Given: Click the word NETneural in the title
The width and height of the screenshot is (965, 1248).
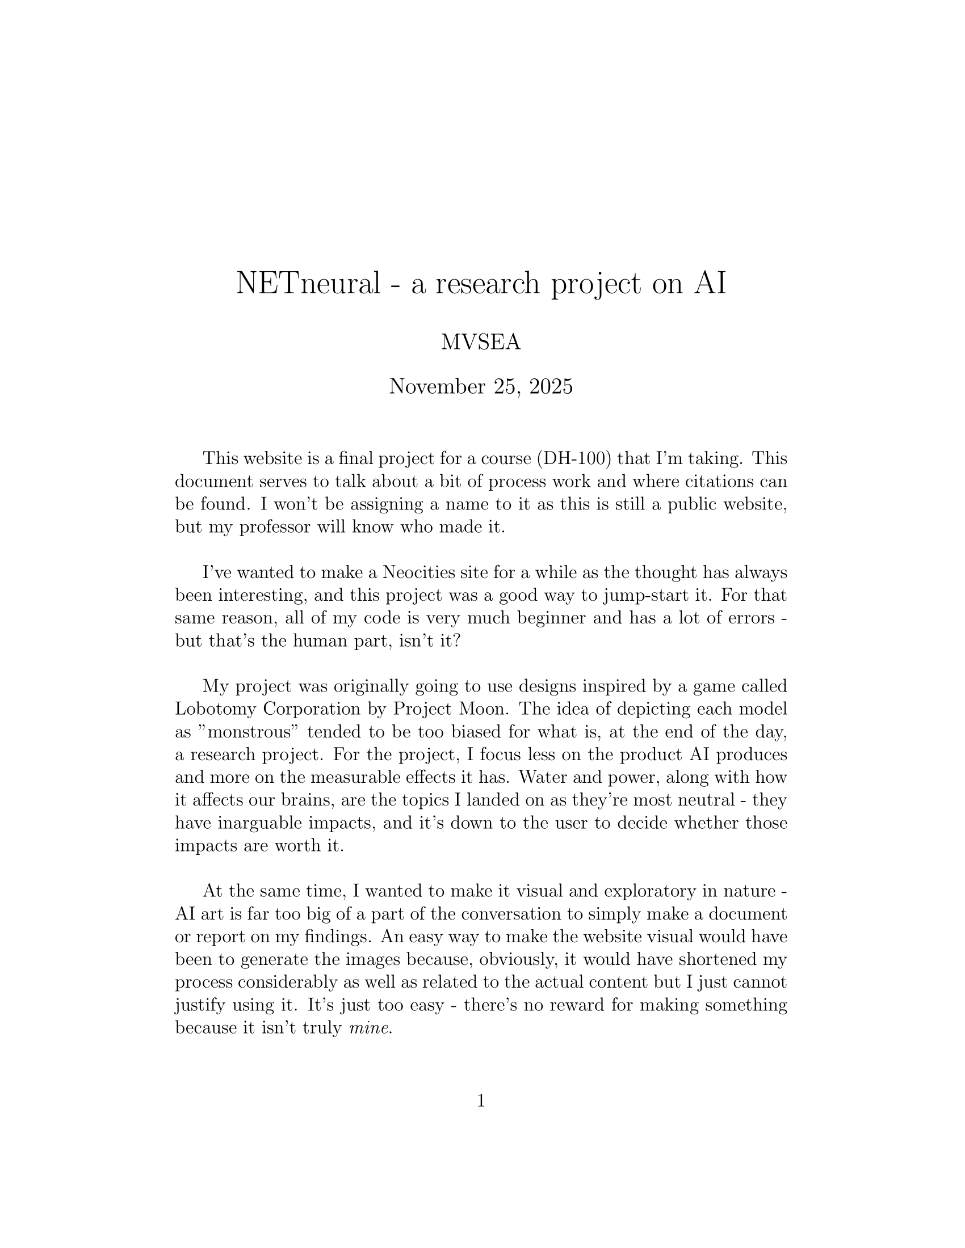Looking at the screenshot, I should (x=308, y=283).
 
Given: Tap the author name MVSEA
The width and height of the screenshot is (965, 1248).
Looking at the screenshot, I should (x=481, y=342).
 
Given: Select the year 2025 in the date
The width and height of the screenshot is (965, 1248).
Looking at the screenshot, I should (x=551, y=387).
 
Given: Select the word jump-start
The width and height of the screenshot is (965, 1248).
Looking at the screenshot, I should (x=645, y=595).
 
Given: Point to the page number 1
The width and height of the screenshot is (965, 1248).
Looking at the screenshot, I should (x=481, y=1101).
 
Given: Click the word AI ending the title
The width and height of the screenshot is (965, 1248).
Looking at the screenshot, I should (x=710, y=283).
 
